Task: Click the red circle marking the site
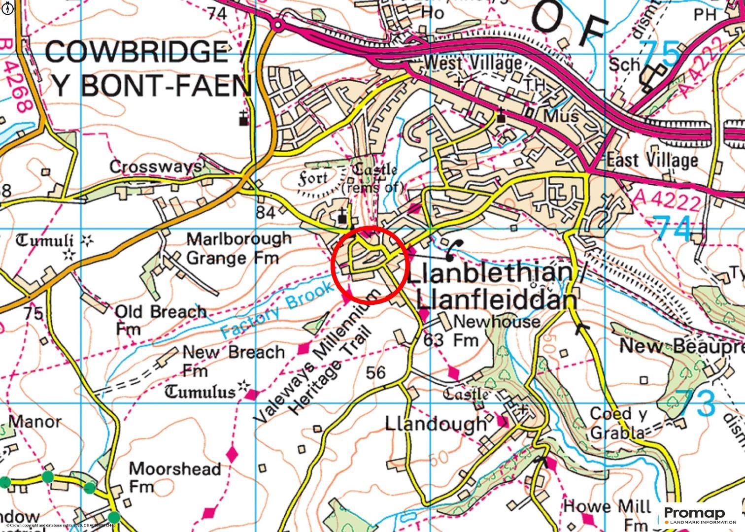click(x=369, y=265)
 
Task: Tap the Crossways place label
click(x=155, y=167)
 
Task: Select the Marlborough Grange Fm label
click(x=238, y=248)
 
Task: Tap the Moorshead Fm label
click(x=174, y=477)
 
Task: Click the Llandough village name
click(x=436, y=424)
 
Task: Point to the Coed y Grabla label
click(x=618, y=423)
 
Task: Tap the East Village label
click(x=652, y=160)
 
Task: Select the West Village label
click(x=472, y=63)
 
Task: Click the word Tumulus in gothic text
click(x=201, y=392)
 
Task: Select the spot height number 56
click(x=375, y=372)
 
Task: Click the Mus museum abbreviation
click(x=560, y=116)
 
